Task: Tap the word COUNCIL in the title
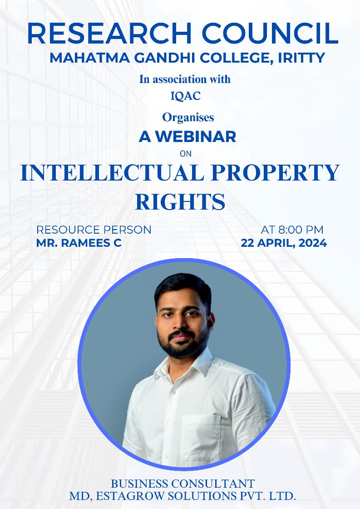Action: point(270,33)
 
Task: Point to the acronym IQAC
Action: point(186,96)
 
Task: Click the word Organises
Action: point(188,117)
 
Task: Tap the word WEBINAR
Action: point(196,137)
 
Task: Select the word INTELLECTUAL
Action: point(112,173)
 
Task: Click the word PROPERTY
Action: point(275,173)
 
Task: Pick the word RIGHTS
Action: point(180,201)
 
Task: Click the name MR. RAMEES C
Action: point(79,243)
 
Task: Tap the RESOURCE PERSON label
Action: point(94,230)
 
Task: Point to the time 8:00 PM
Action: point(301,230)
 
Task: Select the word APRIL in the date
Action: point(276,243)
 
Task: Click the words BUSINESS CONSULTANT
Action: point(182,484)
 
